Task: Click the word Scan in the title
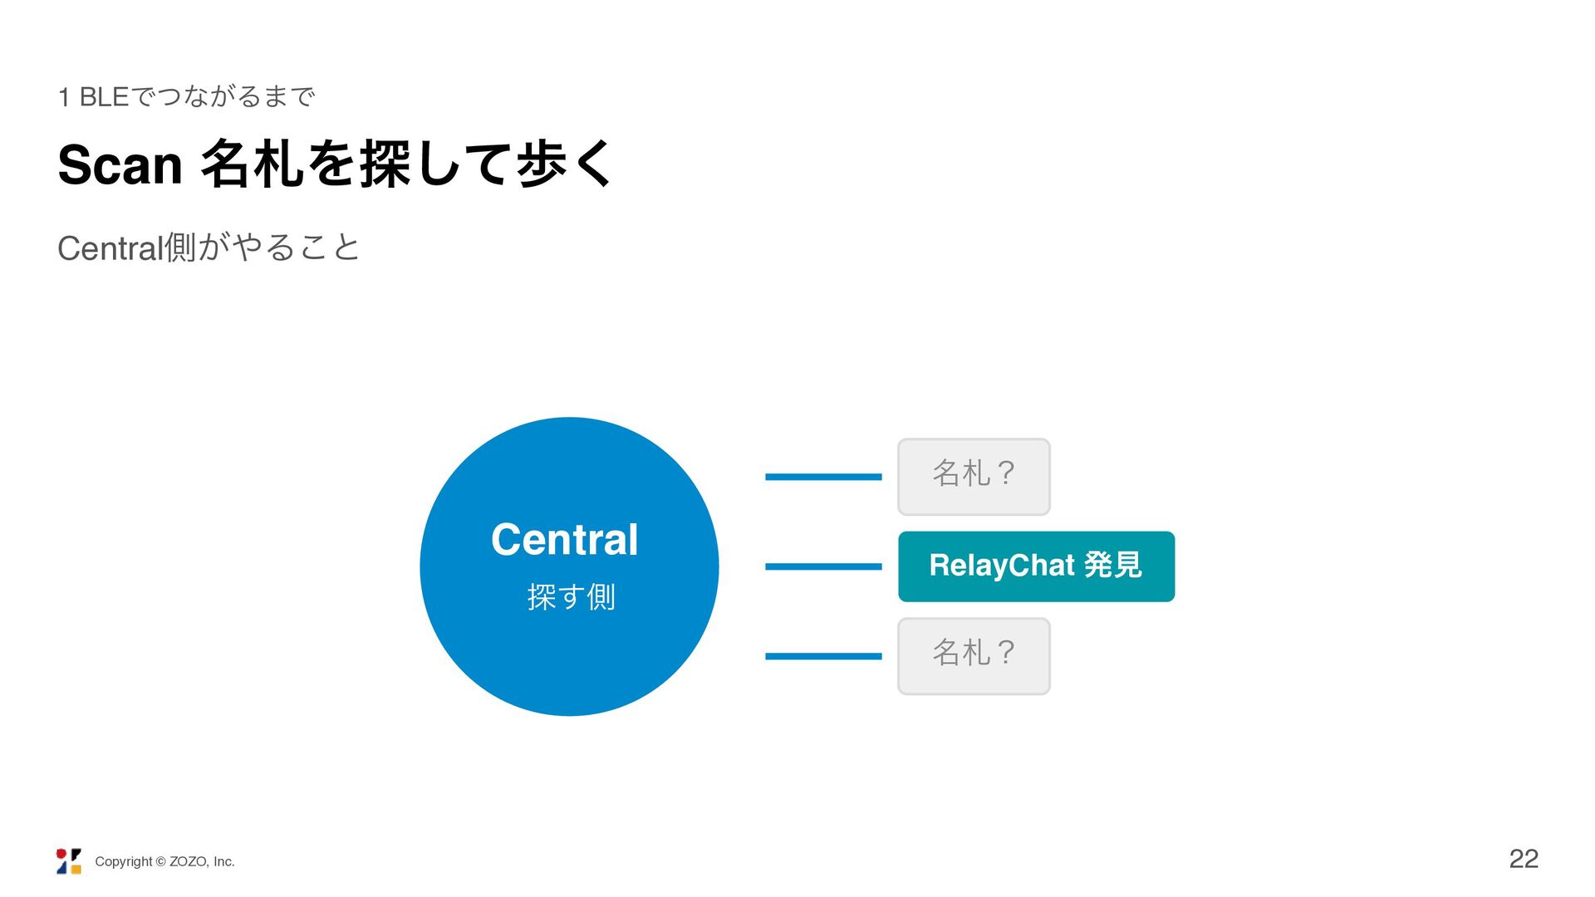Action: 120,164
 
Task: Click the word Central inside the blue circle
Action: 565,540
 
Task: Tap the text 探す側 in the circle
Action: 572,596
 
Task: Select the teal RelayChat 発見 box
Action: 1036,566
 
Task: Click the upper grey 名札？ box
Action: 974,477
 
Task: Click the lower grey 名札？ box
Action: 974,656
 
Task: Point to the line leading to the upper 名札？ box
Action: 823,477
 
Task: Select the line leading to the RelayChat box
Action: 823,566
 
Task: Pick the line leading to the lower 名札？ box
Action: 823,656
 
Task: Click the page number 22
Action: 1524,859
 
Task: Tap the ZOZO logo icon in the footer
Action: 69,861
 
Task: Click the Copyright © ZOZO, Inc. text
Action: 164,862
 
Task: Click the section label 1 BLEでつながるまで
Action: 187,97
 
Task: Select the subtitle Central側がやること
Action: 209,248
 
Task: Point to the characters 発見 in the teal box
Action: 1113,565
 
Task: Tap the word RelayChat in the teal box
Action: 1002,566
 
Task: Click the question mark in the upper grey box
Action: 1004,473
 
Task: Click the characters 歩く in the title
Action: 565,164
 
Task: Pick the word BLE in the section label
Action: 105,97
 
